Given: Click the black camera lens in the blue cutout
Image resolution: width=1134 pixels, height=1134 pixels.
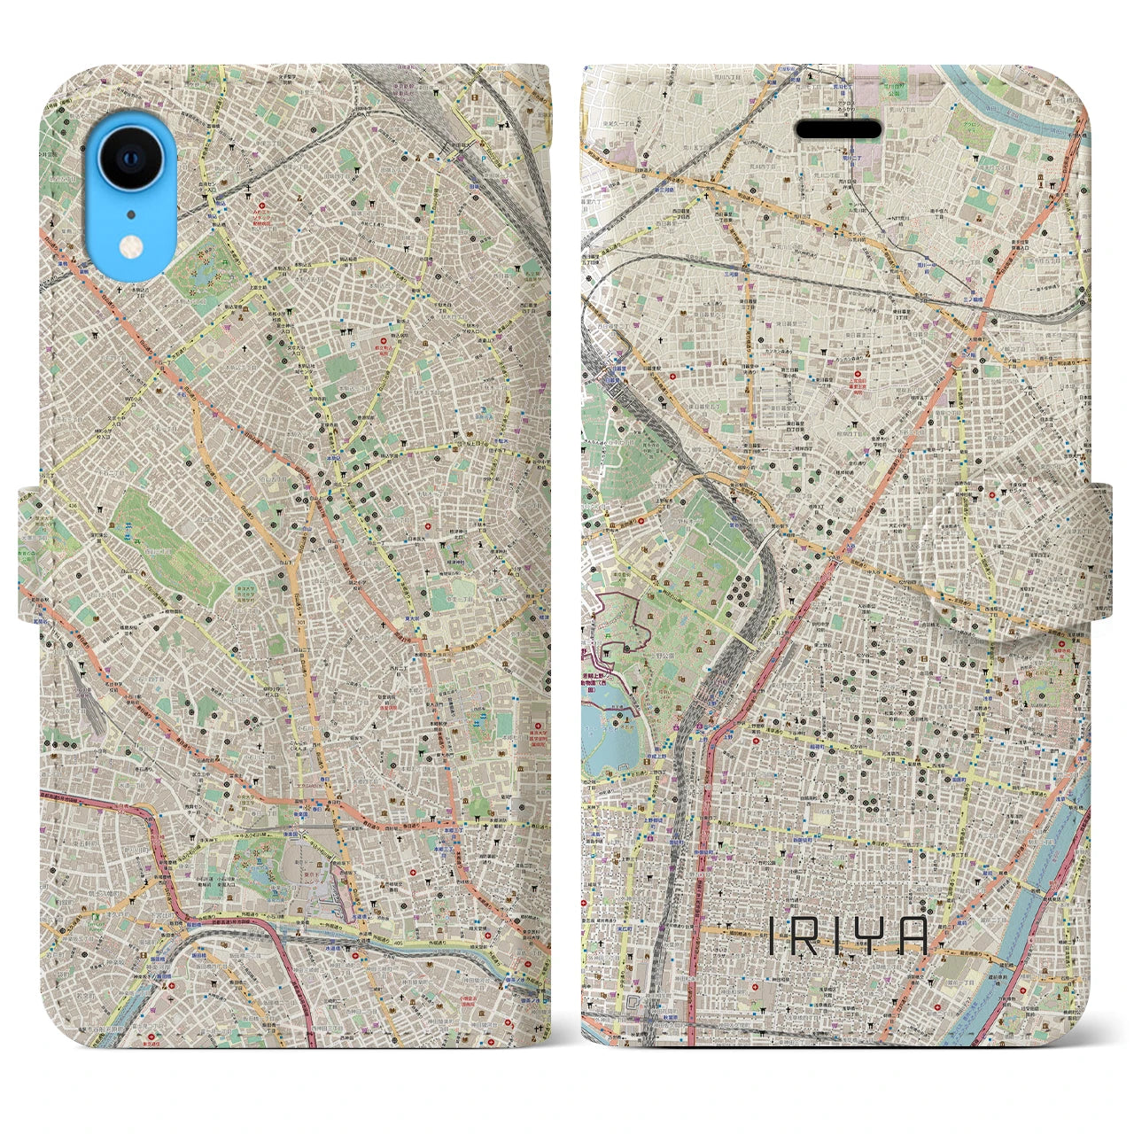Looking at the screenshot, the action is coord(131,158).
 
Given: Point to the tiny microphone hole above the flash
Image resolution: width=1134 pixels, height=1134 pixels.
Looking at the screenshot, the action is coord(130,214).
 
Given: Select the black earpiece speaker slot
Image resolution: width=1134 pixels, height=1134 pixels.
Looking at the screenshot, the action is coord(838,129).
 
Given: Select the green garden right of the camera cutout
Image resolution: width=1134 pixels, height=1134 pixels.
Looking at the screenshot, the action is coord(204,270).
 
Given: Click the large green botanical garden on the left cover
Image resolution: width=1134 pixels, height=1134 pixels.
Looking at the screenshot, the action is coord(164,540).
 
